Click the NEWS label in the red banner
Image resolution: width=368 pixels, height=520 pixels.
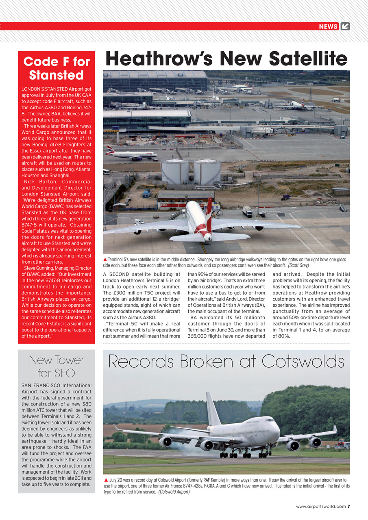[x=329, y=26]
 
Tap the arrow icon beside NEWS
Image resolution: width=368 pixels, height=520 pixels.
[x=345, y=26]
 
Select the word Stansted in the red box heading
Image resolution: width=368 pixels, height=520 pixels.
[x=56, y=75]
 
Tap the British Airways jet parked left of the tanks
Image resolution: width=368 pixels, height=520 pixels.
[x=131, y=154]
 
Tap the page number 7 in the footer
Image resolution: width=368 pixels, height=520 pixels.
[x=349, y=506]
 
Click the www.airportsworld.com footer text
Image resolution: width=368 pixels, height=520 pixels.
[x=321, y=506]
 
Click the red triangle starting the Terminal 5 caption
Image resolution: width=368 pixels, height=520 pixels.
[x=105, y=259]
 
